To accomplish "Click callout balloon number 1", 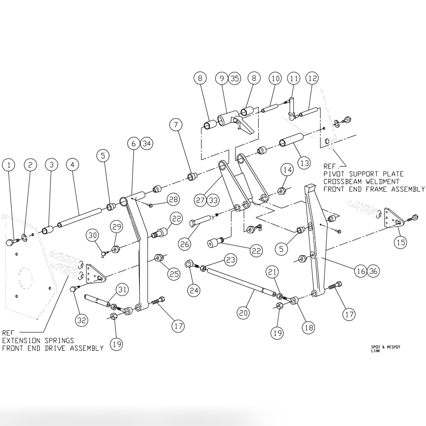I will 9,165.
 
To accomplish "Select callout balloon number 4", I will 72,165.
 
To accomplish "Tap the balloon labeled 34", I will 147,144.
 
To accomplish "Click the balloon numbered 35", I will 235,78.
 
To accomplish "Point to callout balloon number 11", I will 293,78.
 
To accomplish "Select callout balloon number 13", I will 304,163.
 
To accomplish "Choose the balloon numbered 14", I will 288,170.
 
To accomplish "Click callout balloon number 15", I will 400,242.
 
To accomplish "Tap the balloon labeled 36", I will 373,271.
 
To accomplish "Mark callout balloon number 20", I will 244,313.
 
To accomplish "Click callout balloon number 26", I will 185,244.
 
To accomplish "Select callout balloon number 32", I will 82,320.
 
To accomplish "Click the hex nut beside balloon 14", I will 281,192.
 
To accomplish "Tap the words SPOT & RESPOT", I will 385,347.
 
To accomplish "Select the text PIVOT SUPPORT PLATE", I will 363,174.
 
